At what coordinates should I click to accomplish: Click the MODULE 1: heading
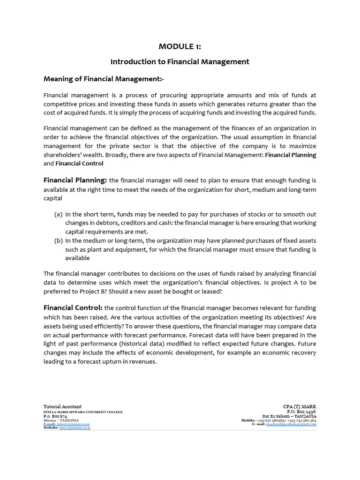point(180,46)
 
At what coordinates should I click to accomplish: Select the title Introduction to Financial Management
point(180,61)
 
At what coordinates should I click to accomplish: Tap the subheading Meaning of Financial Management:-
point(104,78)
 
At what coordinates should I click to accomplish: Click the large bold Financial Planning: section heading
point(75,180)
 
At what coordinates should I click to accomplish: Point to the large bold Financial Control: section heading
point(73,307)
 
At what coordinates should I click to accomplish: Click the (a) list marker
point(59,214)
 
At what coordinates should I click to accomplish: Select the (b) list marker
point(59,240)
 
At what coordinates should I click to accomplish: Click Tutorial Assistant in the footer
point(62,406)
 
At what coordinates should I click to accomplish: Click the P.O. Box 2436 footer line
point(300,411)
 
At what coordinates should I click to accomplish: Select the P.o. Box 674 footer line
point(55,416)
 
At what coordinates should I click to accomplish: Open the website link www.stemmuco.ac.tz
point(75,428)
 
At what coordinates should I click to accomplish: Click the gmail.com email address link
point(291,424)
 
